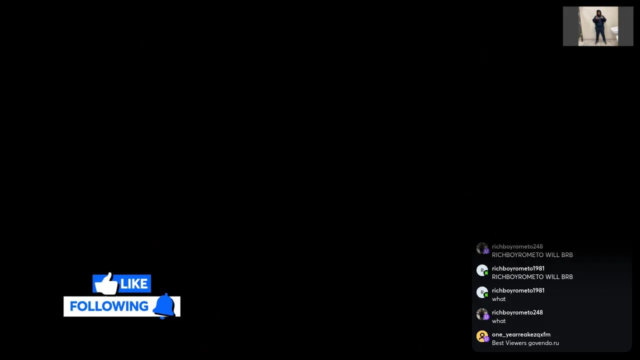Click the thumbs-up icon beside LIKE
click(106, 284)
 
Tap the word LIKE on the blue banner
click(133, 283)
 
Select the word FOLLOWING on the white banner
click(109, 306)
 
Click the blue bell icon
click(164, 305)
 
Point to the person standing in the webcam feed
click(599, 27)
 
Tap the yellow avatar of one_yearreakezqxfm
click(482, 336)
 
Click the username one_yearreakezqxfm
click(521, 334)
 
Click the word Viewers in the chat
click(516, 343)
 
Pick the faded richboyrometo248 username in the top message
click(517, 246)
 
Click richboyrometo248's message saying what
click(499, 321)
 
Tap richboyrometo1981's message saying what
click(499, 299)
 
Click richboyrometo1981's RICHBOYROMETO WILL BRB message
click(532, 277)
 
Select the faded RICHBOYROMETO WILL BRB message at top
click(532, 255)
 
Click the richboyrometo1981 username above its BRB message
click(518, 268)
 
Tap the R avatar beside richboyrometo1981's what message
click(482, 292)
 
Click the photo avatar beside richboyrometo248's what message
click(482, 314)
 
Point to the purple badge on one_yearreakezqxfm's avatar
click(486, 339)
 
